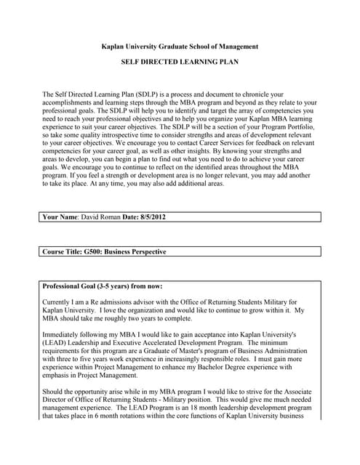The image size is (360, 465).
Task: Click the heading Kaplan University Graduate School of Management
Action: tap(180, 46)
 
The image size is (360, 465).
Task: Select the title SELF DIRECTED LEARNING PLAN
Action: tap(180, 62)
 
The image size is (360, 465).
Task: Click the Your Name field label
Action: tap(61, 217)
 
